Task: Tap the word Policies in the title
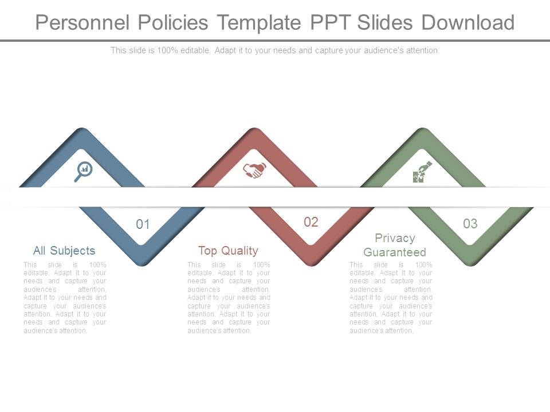(171, 22)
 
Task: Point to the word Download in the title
(468, 22)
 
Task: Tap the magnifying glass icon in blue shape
(83, 171)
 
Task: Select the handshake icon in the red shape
(254, 170)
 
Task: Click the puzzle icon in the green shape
(422, 172)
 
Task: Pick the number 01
(143, 224)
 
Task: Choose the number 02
(311, 222)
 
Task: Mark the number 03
(470, 224)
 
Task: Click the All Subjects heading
(64, 251)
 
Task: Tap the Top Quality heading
(228, 251)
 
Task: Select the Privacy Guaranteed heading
(395, 245)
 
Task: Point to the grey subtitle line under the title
(275, 50)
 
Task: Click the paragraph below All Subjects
(65, 298)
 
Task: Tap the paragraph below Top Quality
(229, 298)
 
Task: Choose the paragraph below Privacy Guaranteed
(391, 298)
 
